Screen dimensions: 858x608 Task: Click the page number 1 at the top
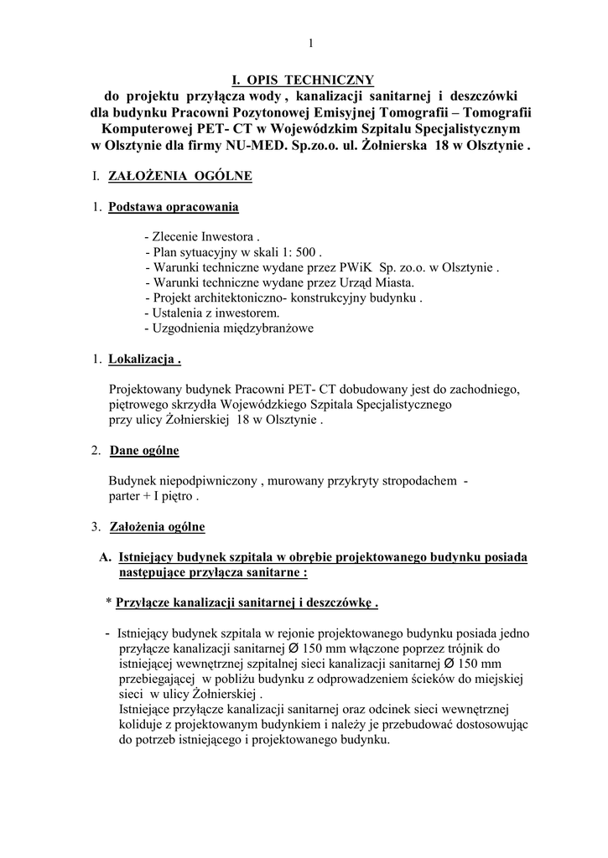point(310,43)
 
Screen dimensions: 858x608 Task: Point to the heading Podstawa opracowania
point(174,207)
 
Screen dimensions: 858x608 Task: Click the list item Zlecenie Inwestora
point(204,237)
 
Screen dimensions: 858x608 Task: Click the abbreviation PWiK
point(351,267)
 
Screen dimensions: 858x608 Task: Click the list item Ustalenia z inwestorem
point(211,313)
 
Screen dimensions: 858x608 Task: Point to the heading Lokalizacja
point(145,359)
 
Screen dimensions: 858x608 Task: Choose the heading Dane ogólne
point(144,451)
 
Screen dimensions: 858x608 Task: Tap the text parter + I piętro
point(153,496)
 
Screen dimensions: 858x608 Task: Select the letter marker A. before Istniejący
point(106,557)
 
